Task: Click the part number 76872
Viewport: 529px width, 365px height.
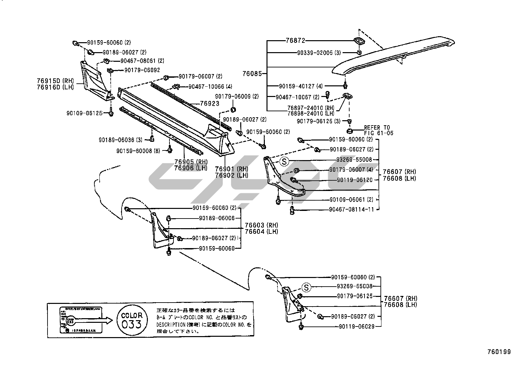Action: pos(295,41)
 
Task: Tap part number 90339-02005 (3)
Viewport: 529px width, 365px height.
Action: pos(319,52)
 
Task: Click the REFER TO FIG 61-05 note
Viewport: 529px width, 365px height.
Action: pos(378,130)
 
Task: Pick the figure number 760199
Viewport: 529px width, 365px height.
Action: pos(499,352)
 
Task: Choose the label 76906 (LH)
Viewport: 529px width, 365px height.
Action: pos(191,168)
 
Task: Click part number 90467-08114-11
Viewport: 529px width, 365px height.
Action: pos(352,210)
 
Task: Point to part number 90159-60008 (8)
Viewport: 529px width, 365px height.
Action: pos(138,151)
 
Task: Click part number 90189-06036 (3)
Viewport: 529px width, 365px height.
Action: pos(120,140)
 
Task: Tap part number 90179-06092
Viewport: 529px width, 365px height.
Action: pos(142,70)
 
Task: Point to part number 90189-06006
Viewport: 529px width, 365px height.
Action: pos(217,218)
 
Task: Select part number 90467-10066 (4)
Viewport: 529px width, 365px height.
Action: pos(210,87)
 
